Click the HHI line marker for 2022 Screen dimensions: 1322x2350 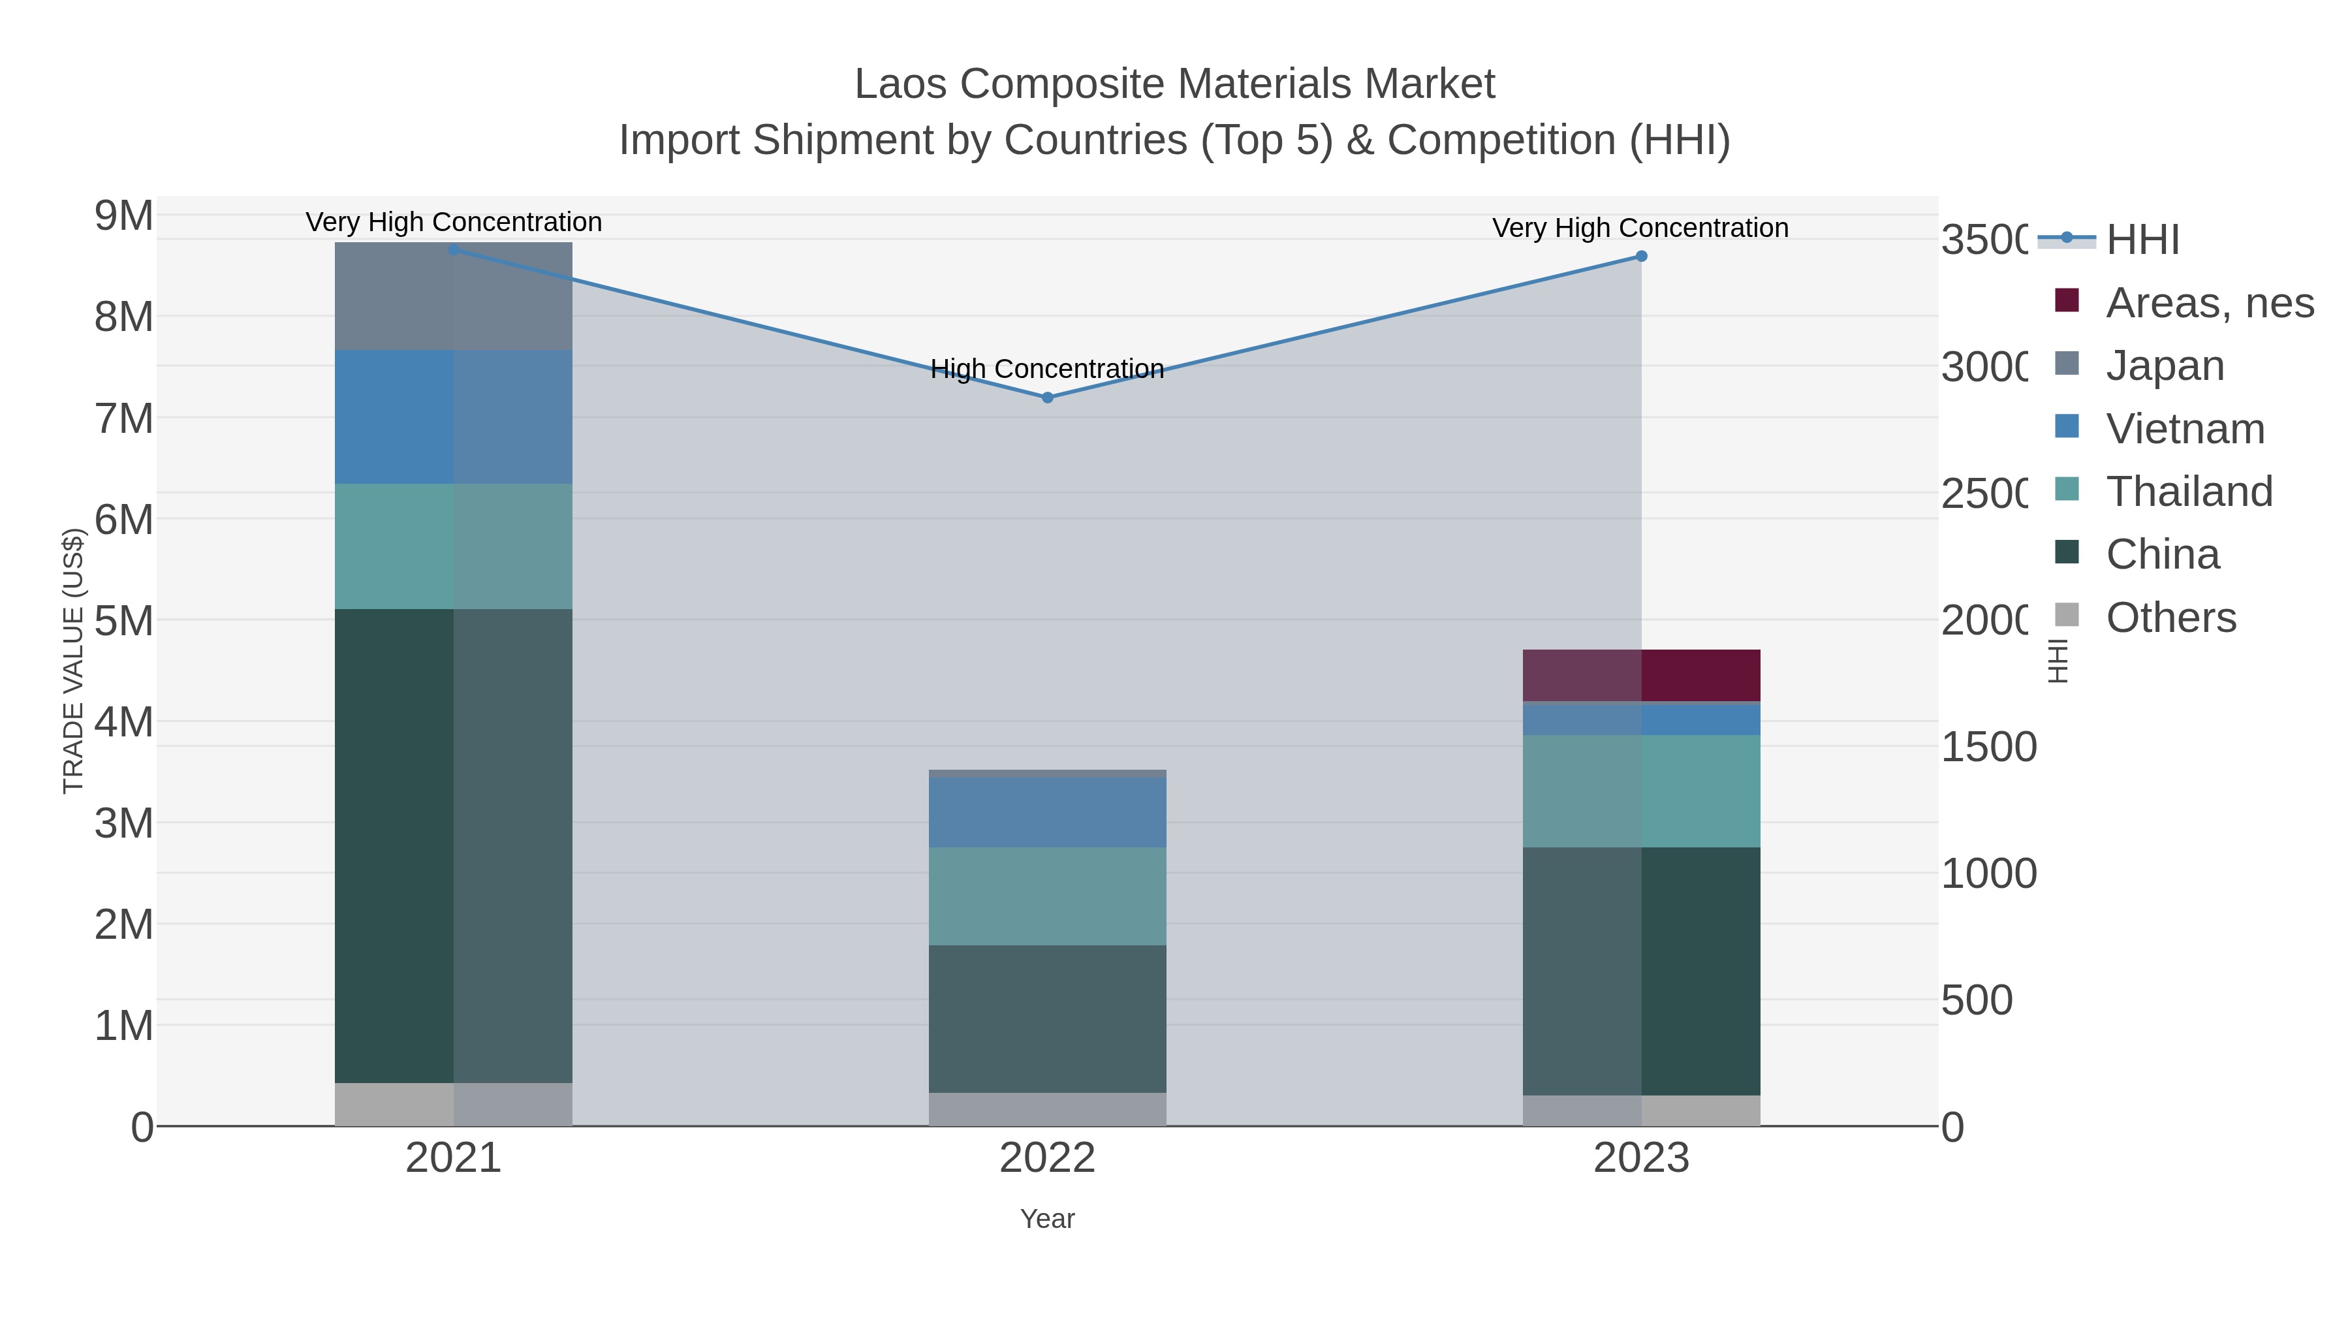(1047, 398)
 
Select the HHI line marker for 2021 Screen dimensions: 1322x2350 (454, 249)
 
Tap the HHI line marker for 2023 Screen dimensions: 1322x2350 (1641, 257)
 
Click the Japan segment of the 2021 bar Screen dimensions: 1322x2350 (454, 296)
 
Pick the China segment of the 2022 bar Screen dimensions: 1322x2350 (1047, 1018)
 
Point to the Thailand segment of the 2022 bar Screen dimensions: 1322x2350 (1047, 896)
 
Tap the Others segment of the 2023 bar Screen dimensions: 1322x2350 (1641, 1110)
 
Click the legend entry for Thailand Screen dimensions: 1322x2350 (2189, 492)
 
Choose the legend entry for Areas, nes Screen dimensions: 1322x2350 (2208, 303)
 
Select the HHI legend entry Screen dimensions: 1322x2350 (2142, 240)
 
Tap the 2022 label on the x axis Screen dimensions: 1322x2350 (1047, 1159)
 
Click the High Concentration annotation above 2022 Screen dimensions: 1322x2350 (1047, 369)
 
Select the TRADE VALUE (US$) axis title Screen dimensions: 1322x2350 (73, 661)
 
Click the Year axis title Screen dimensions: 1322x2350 (1047, 1219)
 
